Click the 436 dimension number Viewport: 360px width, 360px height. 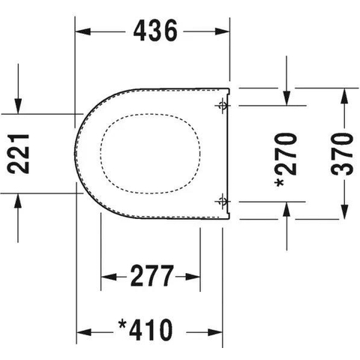coord(155,31)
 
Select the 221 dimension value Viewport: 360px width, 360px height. coord(18,154)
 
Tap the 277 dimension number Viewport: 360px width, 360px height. coord(152,276)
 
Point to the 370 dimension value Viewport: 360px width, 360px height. coord(342,154)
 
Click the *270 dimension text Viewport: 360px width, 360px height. coord(286,160)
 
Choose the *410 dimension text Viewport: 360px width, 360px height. coord(145,330)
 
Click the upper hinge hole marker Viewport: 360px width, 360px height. coord(222,106)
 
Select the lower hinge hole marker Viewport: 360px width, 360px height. coord(222,201)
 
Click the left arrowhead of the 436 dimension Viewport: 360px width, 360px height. coord(83,31)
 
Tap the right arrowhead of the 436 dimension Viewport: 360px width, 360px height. coord(222,31)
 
